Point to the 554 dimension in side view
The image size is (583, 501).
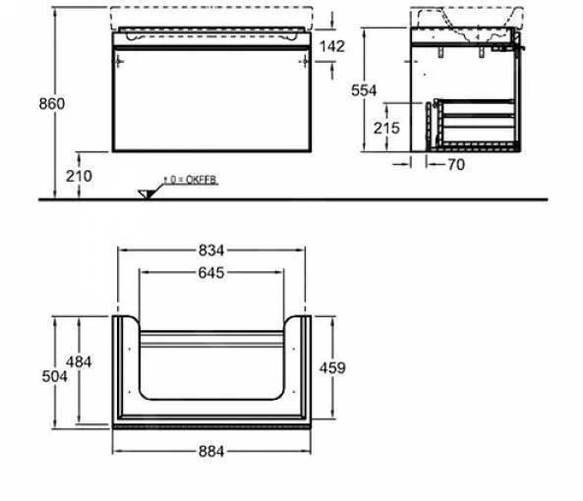click(365, 89)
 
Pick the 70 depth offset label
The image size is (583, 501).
click(453, 166)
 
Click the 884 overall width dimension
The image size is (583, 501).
click(213, 451)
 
